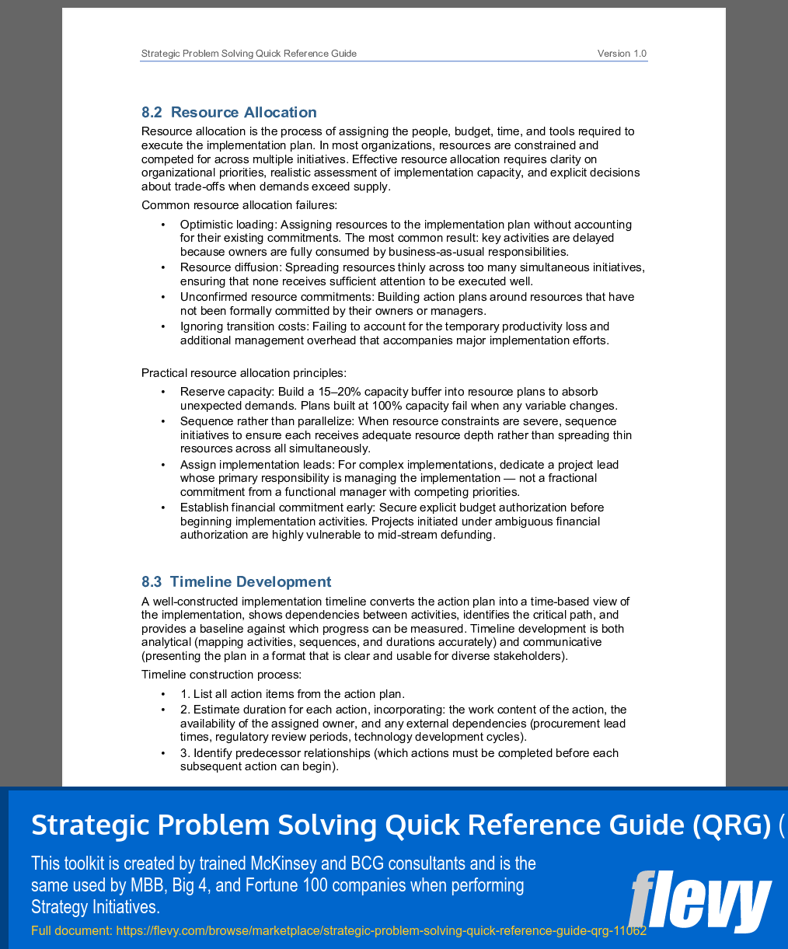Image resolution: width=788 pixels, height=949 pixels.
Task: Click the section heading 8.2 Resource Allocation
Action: [229, 113]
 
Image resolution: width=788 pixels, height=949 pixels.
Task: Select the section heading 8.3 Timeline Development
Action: [236, 582]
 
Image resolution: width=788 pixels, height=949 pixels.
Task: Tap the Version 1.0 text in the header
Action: [622, 54]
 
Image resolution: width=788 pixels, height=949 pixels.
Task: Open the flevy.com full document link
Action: [381, 930]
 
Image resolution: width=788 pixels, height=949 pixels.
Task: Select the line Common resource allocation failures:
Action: [239, 205]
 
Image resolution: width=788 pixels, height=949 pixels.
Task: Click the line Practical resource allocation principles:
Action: [244, 373]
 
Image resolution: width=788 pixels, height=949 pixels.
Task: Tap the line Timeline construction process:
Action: [221, 675]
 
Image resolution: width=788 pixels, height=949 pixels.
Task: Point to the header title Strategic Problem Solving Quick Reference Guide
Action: [249, 54]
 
